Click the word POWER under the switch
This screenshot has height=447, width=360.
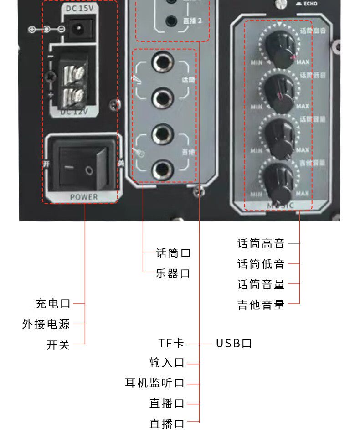click(84, 197)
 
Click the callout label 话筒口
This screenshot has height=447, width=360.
click(173, 253)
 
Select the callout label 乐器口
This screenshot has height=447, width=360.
click(173, 273)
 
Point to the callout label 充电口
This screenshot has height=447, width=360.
click(53, 303)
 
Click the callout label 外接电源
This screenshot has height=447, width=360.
click(46, 324)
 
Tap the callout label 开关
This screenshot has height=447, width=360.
click(58, 344)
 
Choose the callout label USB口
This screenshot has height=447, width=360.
click(234, 343)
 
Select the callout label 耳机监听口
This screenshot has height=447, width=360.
click(155, 383)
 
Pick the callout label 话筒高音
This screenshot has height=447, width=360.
click(261, 244)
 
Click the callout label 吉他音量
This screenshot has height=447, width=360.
click(261, 305)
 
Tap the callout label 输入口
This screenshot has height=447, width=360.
click(167, 363)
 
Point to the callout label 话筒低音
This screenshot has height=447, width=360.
click(261, 264)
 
